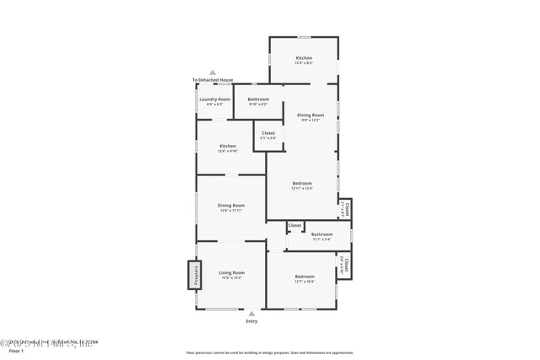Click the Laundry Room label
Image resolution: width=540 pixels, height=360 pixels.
[214, 99]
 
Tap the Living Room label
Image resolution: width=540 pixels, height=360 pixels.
[232, 272]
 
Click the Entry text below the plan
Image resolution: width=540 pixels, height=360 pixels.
[251, 321]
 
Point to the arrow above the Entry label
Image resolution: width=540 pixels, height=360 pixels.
[251, 314]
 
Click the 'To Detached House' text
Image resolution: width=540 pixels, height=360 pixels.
[213, 80]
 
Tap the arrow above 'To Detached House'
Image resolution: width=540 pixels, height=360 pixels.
[213, 73]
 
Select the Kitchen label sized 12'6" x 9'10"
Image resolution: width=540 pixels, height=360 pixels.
[228, 146]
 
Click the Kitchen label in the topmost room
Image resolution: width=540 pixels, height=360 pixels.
[304, 58]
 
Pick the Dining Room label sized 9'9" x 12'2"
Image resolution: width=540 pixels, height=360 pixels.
[310, 115]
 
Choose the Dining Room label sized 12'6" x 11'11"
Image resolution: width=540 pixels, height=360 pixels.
[231, 205]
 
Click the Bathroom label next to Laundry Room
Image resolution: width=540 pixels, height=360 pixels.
[258, 99]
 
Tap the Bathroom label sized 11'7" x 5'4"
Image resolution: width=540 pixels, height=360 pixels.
[321, 234]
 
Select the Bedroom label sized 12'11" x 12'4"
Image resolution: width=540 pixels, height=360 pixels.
[302, 183]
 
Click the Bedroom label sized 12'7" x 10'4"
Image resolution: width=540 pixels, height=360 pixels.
[305, 277]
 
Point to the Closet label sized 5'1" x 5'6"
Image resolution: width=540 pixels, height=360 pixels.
[268, 132]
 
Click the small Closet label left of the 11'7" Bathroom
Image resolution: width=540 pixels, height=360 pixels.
[295, 226]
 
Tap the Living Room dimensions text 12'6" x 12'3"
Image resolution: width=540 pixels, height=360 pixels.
[232, 277]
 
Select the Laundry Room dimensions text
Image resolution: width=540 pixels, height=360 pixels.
[214, 105]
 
